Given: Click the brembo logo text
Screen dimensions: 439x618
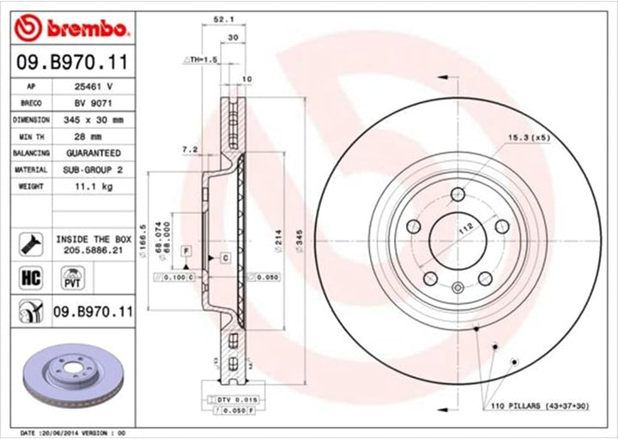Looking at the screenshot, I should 84,30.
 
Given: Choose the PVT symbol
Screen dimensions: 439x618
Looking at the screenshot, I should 70,277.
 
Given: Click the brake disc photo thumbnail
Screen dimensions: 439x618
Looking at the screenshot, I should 76,375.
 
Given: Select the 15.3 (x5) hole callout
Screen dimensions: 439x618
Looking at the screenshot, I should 527,137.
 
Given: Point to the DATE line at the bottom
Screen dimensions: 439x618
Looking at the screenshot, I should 73,432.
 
